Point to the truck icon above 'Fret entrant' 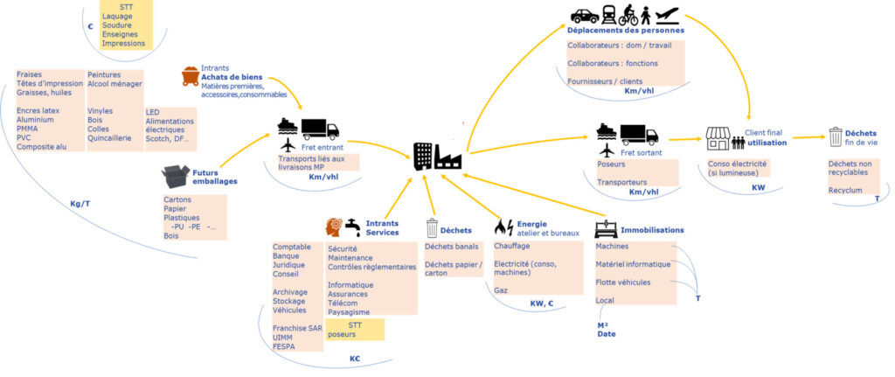[x=320, y=129]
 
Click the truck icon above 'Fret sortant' [x=640, y=135]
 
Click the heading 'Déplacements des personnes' [x=626, y=30]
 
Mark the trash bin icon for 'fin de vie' [x=836, y=136]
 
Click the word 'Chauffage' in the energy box [x=512, y=247]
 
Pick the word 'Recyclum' [x=844, y=190]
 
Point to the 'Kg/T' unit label [x=80, y=204]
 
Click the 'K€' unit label [x=356, y=358]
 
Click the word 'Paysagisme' [x=349, y=311]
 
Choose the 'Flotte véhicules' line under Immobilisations [x=624, y=282]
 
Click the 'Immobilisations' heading [x=652, y=230]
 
